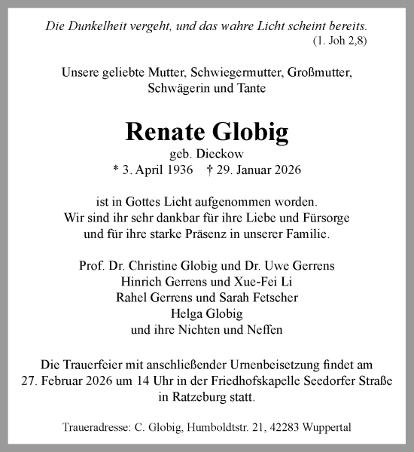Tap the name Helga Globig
[x=206, y=313]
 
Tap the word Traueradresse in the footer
[x=93, y=428]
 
